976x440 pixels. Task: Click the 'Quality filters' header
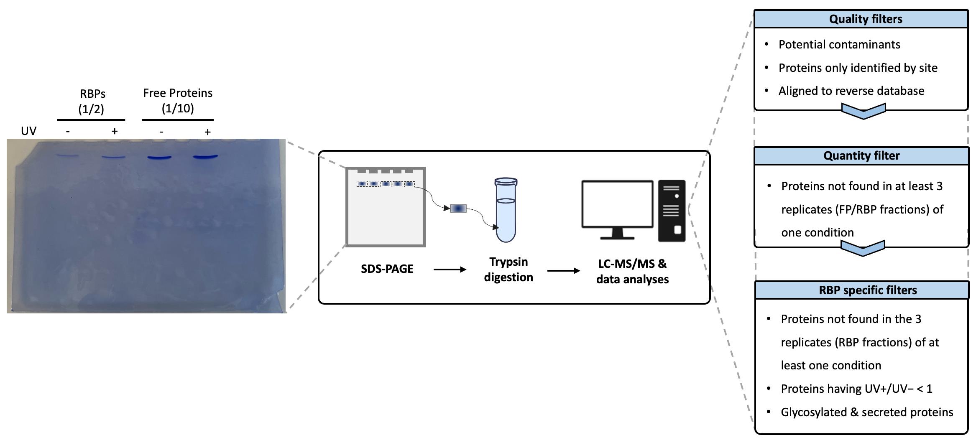(865, 19)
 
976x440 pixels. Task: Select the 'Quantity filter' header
(861, 156)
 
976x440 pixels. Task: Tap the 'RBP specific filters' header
(868, 290)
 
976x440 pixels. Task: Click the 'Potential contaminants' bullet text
(839, 45)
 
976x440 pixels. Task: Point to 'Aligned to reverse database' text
(851, 91)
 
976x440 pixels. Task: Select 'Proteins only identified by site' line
(858, 68)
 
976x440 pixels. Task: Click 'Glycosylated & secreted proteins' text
(866, 412)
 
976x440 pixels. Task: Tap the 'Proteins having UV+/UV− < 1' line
(856, 389)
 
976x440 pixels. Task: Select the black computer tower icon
(672, 211)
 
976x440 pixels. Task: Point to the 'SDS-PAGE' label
(387, 269)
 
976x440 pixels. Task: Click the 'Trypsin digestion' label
(508, 270)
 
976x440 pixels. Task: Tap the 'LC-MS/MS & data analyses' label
(632, 272)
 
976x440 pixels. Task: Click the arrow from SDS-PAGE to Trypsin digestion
(450, 270)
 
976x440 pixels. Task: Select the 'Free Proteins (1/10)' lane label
(178, 101)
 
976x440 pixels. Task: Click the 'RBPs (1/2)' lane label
(92, 101)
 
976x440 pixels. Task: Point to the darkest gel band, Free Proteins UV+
(205, 157)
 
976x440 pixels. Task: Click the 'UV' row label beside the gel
(28, 131)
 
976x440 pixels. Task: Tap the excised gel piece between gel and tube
(458, 208)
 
